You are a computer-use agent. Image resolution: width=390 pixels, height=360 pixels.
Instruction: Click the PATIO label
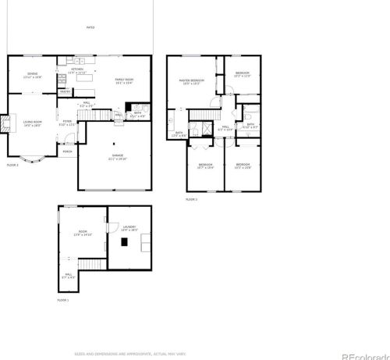pos(90,27)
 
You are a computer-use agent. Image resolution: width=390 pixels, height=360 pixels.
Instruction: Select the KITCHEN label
pos(78,70)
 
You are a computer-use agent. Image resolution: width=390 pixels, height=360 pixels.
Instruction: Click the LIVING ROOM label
pos(32,122)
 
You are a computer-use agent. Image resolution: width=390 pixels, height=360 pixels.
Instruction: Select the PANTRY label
pos(65,91)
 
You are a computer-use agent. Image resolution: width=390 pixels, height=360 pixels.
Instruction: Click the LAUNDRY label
pos(129,228)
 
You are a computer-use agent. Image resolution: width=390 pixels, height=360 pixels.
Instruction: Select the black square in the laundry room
pos(124,241)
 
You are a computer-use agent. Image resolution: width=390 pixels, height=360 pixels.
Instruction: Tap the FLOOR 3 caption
pos(191,200)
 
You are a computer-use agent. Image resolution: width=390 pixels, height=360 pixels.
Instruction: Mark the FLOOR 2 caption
pos(12,166)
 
